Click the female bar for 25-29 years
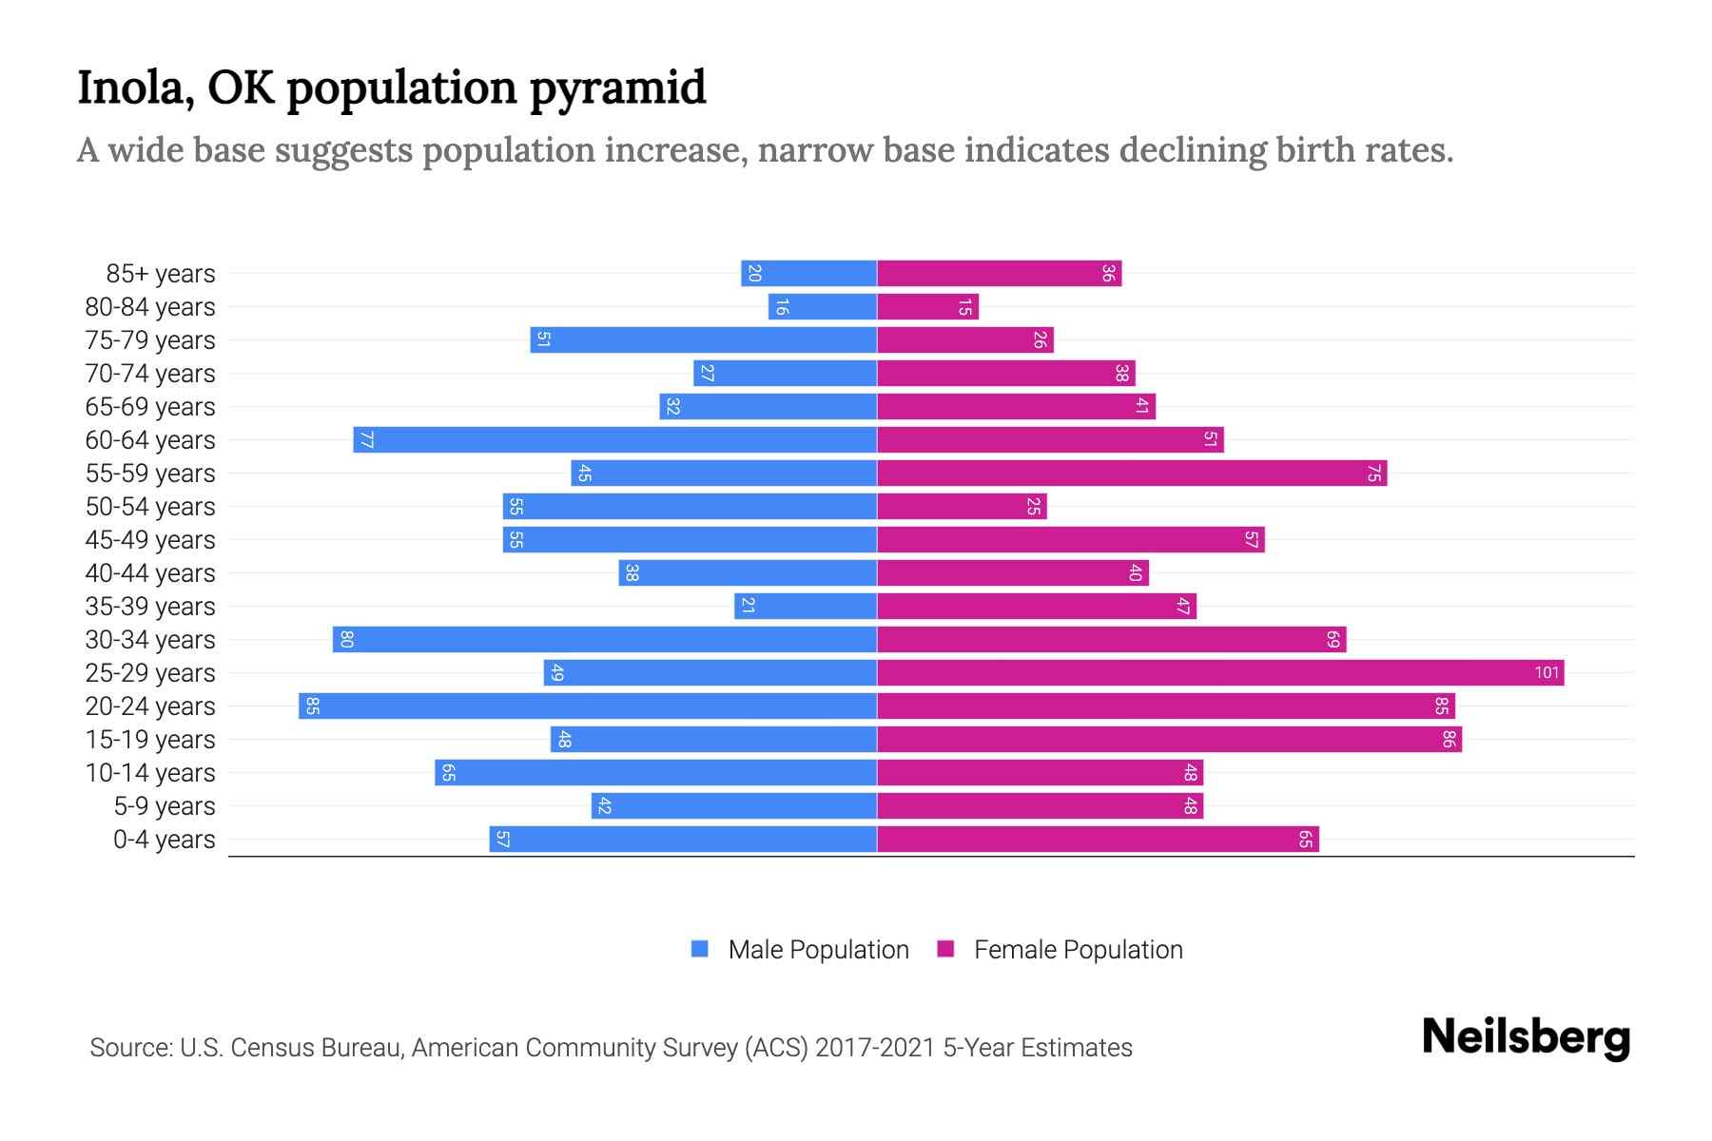(1220, 673)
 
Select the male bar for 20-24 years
(588, 706)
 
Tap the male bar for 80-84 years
(823, 307)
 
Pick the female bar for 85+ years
(999, 274)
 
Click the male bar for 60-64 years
(614, 440)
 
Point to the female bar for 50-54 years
(962, 507)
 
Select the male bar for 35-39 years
(806, 607)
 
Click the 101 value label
(1547, 673)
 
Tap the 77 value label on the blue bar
(366, 440)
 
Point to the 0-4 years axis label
(164, 840)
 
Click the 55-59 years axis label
(150, 474)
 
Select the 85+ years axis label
(160, 274)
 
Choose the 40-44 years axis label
(150, 573)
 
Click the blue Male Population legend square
(700, 949)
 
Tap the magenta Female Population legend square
(945, 949)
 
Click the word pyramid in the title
(617, 88)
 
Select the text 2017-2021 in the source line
(875, 1048)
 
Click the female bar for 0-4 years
(1098, 840)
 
